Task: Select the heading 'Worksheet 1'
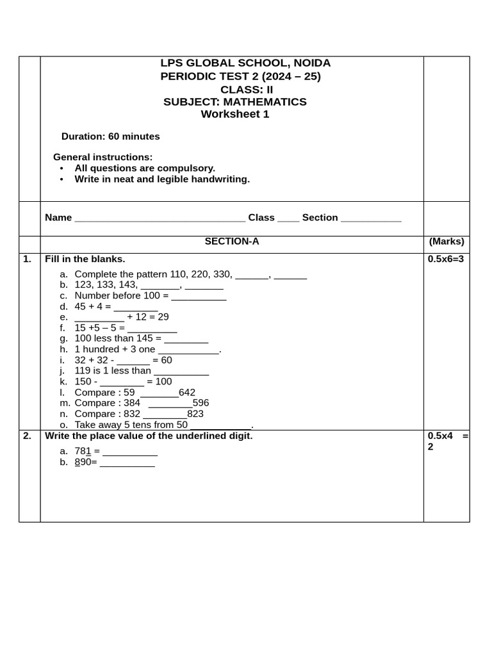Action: (x=235, y=114)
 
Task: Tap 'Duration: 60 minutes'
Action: (x=110, y=136)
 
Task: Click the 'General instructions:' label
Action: (x=102, y=157)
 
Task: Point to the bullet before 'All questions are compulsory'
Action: (x=61, y=168)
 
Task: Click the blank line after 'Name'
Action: (x=160, y=218)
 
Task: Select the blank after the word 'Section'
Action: (x=371, y=218)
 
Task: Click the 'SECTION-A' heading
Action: (x=231, y=242)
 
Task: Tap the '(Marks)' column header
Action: (x=447, y=242)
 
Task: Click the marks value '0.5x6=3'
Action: (x=445, y=259)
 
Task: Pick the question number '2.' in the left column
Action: (x=27, y=436)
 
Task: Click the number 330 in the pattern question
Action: (x=223, y=274)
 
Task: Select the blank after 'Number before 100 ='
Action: (x=199, y=297)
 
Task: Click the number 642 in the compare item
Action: (x=187, y=392)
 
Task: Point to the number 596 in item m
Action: (x=201, y=403)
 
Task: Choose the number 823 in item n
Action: (x=195, y=414)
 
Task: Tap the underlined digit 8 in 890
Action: (x=78, y=462)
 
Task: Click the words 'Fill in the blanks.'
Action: (x=85, y=259)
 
